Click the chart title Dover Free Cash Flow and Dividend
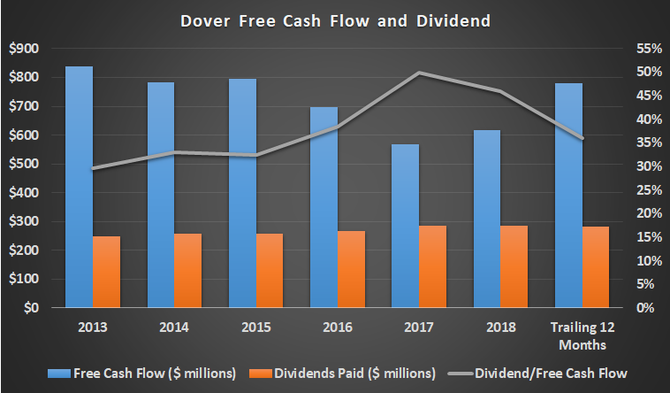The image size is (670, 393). coord(336,19)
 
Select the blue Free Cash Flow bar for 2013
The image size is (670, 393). coord(79,187)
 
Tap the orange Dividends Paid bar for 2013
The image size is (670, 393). coord(106,272)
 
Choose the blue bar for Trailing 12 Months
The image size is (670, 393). coord(567,195)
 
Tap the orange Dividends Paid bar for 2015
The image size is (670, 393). coord(270,270)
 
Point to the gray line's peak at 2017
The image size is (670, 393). coord(419,73)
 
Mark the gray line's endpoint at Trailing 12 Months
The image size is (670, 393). coord(582,138)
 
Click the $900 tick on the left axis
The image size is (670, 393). coord(24,49)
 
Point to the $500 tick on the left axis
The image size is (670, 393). coord(24,164)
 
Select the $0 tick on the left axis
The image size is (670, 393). coord(31,308)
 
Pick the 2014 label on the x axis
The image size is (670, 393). coord(174,327)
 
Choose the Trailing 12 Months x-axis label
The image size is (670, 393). coord(581,335)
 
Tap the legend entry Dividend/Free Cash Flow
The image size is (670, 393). coord(557,374)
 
